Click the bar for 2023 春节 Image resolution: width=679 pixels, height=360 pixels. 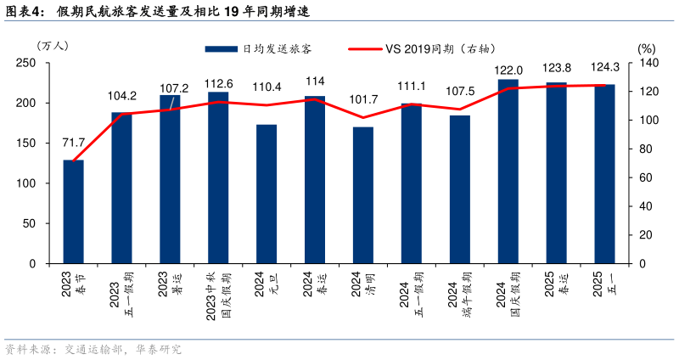click(74, 211)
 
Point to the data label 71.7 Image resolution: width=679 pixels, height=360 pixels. click(74, 142)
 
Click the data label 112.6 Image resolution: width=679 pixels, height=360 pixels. click(218, 83)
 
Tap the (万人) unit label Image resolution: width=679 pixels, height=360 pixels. click(53, 44)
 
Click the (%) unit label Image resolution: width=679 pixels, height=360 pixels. click(647, 49)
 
